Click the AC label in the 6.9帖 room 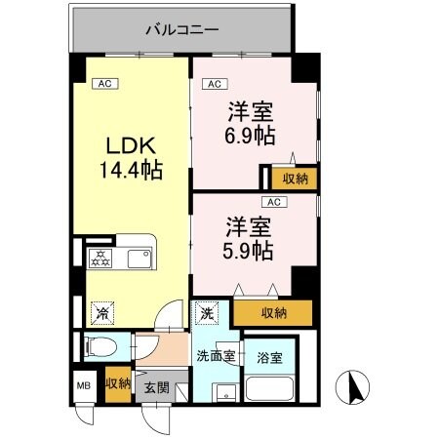(x=214, y=84)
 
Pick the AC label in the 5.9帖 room (x=274, y=202)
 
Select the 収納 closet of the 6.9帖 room (x=293, y=178)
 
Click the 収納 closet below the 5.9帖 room (x=274, y=312)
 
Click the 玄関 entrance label (x=156, y=387)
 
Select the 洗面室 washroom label (x=215, y=355)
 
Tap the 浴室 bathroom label (x=269, y=358)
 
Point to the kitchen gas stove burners (x=100, y=259)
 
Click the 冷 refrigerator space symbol (x=100, y=313)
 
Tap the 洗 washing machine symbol (x=206, y=313)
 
